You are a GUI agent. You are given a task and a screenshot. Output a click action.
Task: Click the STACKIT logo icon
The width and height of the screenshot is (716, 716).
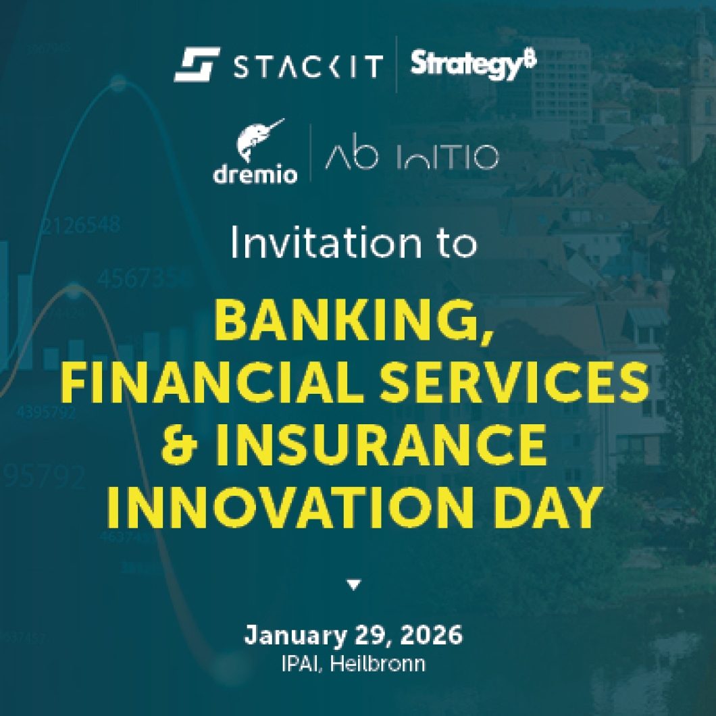point(196,64)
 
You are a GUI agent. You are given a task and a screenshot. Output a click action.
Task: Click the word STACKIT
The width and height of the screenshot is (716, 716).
point(307,66)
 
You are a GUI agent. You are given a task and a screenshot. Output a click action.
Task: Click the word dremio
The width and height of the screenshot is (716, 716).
point(255,174)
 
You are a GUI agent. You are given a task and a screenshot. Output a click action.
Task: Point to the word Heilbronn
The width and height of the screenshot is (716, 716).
point(382,663)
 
